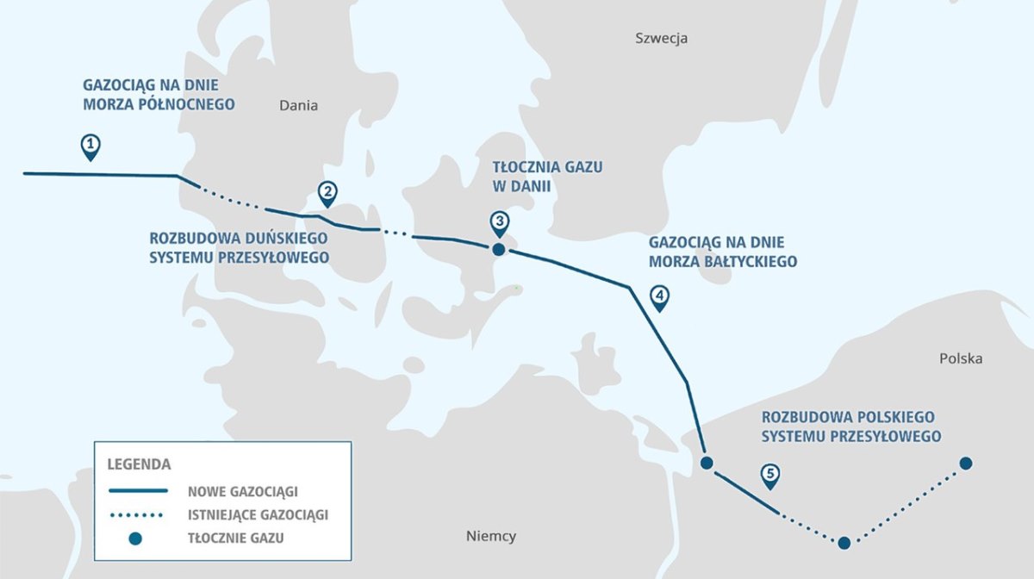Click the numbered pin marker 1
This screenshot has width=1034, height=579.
(x=90, y=146)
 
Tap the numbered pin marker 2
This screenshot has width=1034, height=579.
(x=327, y=193)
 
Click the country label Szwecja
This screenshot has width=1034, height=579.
(x=661, y=38)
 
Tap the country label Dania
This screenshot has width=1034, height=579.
(x=298, y=106)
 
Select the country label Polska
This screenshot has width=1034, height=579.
(x=960, y=358)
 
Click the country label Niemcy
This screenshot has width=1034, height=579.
(x=490, y=536)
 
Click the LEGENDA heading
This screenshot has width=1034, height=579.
(x=139, y=464)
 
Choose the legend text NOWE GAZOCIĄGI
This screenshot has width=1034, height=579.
(x=242, y=491)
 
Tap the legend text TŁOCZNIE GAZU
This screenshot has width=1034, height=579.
(x=235, y=539)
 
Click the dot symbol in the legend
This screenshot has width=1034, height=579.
(x=134, y=539)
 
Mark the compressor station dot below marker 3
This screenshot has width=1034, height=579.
(x=498, y=250)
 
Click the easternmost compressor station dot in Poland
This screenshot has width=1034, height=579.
(x=966, y=464)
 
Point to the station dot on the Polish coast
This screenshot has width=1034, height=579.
(x=707, y=464)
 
